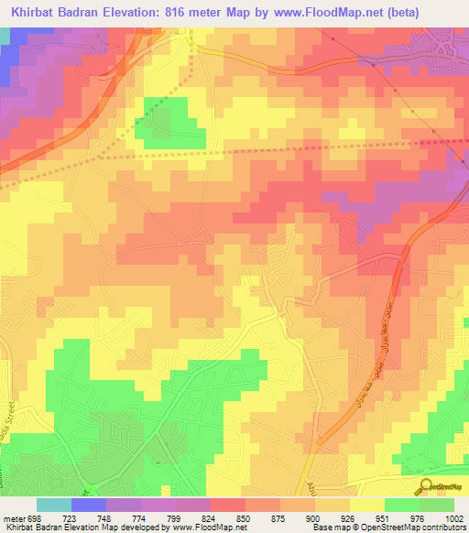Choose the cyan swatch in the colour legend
pyautogui.click(x=54, y=504)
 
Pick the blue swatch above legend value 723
pyautogui.click(x=89, y=504)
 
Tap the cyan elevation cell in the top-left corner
pyautogui.click(x=5, y=38)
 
